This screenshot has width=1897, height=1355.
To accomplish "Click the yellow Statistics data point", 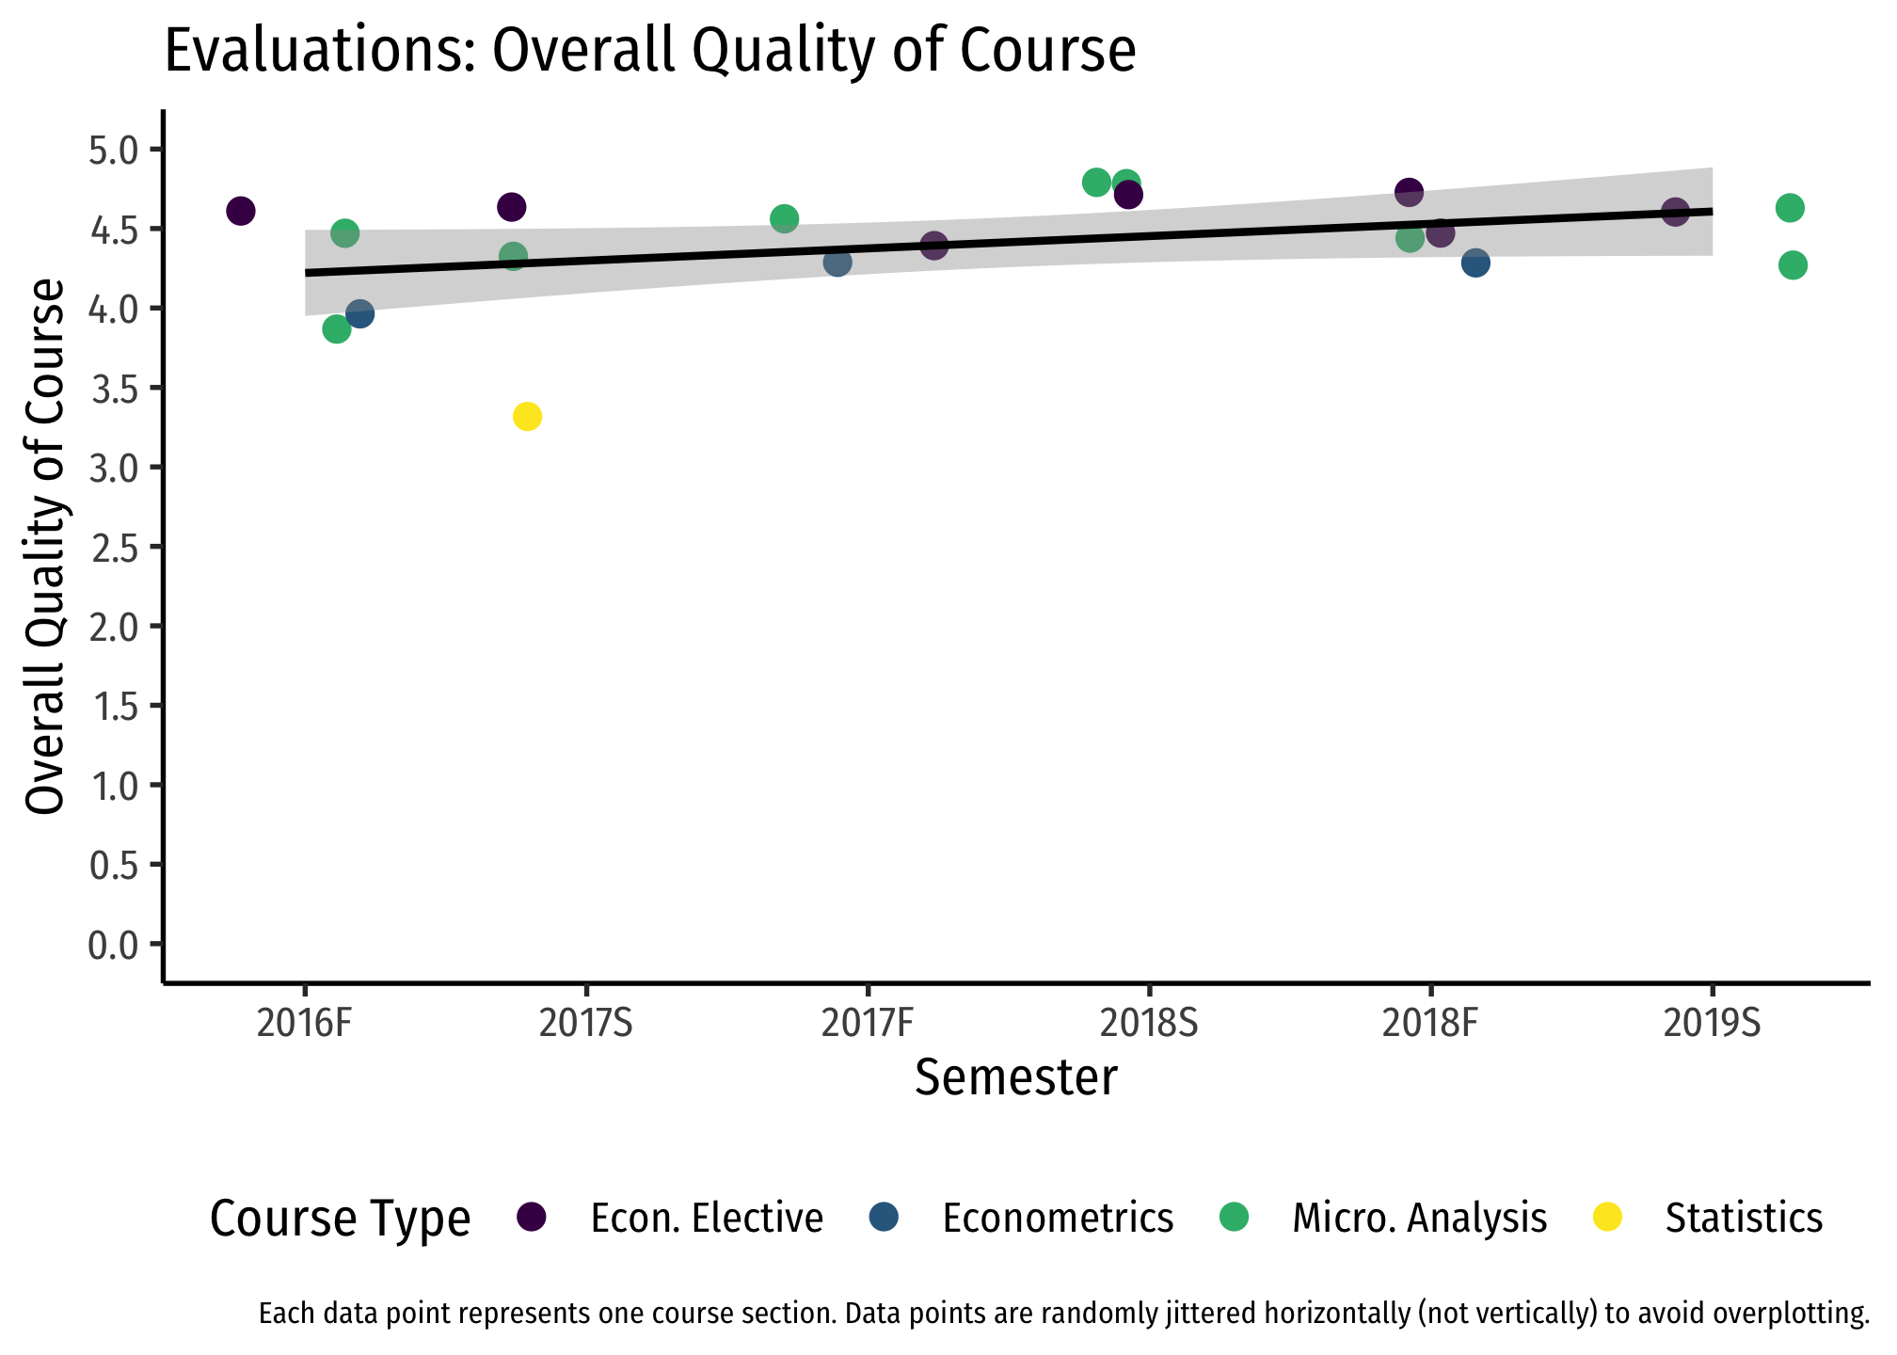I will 527,416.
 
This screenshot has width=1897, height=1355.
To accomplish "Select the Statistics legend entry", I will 1743,1218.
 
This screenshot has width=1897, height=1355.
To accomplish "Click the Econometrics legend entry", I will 1058,1218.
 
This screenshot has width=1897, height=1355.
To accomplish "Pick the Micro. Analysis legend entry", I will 1419,1218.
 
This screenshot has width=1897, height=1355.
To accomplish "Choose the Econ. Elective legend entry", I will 706,1218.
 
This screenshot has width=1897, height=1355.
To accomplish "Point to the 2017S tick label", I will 585,1024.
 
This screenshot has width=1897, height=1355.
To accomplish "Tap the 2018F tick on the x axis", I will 1430,1024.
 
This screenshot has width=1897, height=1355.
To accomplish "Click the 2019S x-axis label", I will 1712,1024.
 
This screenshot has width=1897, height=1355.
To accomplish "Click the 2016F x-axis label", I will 304,1024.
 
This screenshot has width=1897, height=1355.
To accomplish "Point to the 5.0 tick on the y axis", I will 113,150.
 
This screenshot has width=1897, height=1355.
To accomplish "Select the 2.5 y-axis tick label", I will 113,547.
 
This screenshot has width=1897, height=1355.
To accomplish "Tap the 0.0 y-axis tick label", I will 113,944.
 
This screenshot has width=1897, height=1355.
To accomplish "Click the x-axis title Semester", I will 1016,1078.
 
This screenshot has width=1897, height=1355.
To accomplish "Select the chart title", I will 650,51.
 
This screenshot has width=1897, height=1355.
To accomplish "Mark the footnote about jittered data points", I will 1063,1314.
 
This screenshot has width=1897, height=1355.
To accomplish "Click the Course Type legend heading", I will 340,1219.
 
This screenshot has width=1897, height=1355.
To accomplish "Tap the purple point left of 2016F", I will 241,211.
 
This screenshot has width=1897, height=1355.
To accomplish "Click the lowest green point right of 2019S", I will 1793,265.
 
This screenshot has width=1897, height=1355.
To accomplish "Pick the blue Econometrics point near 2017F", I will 837,262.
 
